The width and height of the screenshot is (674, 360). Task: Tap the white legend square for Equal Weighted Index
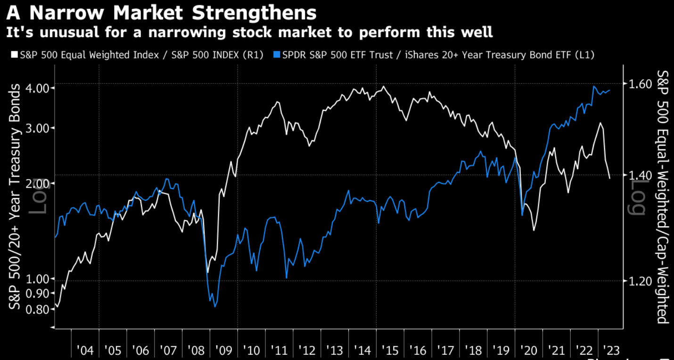(x=14, y=55)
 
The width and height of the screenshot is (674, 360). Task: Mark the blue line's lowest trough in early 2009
(x=215, y=307)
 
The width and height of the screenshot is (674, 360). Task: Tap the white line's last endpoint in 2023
(x=610, y=178)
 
